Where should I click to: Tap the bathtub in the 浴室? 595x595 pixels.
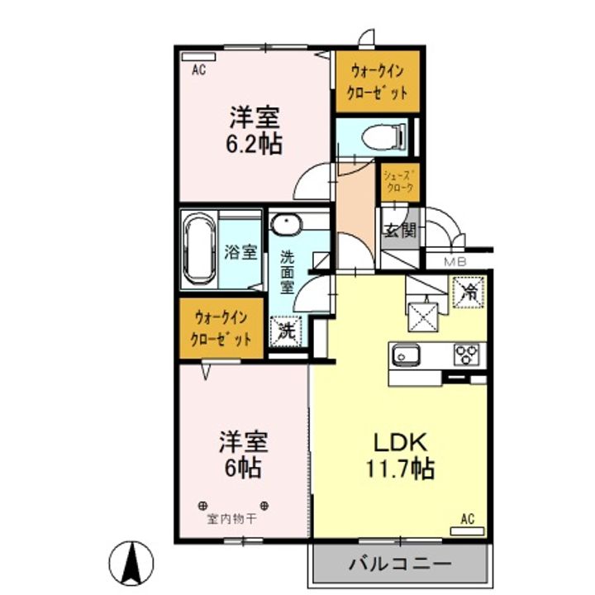click(198, 249)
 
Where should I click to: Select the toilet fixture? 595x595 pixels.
click(383, 136)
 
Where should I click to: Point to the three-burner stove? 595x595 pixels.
click(467, 355)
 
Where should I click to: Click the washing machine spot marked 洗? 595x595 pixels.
click(286, 331)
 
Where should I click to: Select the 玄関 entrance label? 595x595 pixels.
click(400, 231)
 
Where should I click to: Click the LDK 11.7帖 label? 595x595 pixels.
click(400, 455)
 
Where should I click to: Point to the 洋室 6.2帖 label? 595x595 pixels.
click(255, 130)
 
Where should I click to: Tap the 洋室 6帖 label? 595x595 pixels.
click(243, 454)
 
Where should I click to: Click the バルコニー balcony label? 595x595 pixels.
click(400, 564)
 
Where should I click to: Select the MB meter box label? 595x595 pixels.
click(455, 262)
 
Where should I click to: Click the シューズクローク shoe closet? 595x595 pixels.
click(400, 183)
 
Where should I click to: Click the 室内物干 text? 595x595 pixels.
click(231, 519)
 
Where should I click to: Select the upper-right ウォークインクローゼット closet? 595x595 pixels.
click(378, 82)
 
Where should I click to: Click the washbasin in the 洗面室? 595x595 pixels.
click(285, 223)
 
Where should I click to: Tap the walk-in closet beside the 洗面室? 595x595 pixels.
click(221, 328)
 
